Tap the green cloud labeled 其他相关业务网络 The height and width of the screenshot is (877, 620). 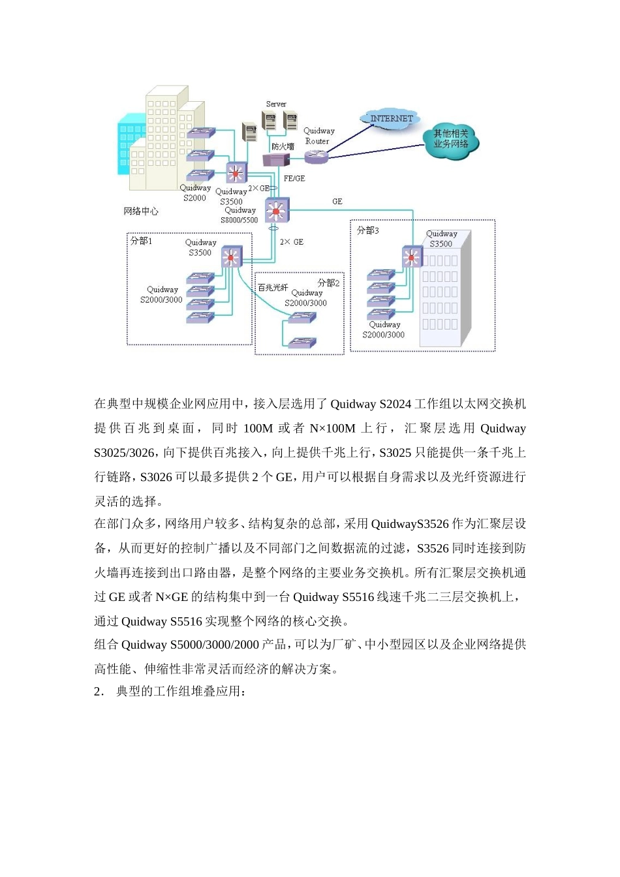click(x=451, y=139)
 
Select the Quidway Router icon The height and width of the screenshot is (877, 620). click(x=317, y=155)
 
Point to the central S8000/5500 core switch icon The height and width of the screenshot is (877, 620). click(x=277, y=210)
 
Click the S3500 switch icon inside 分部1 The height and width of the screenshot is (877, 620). click(x=232, y=256)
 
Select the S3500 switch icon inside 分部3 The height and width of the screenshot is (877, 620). click(x=412, y=257)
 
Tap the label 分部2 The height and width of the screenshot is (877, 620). click(x=328, y=283)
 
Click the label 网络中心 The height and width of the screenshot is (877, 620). click(x=141, y=211)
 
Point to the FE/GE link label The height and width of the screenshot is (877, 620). click(x=294, y=178)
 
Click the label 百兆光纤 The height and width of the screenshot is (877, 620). click(x=273, y=287)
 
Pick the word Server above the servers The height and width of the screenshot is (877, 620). click(x=276, y=104)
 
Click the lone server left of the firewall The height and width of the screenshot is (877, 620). click(x=249, y=132)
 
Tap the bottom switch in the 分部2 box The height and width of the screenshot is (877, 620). click(x=302, y=343)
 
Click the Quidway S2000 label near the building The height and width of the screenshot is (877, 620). click(x=194, y=192)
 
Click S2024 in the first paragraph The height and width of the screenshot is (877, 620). click(x=395, y=404)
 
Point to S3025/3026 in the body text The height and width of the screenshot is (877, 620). click(x=125, y=453)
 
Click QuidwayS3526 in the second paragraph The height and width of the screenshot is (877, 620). click(x=410, y=524)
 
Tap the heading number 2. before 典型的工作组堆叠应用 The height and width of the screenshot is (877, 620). click(x=99, y=691)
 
